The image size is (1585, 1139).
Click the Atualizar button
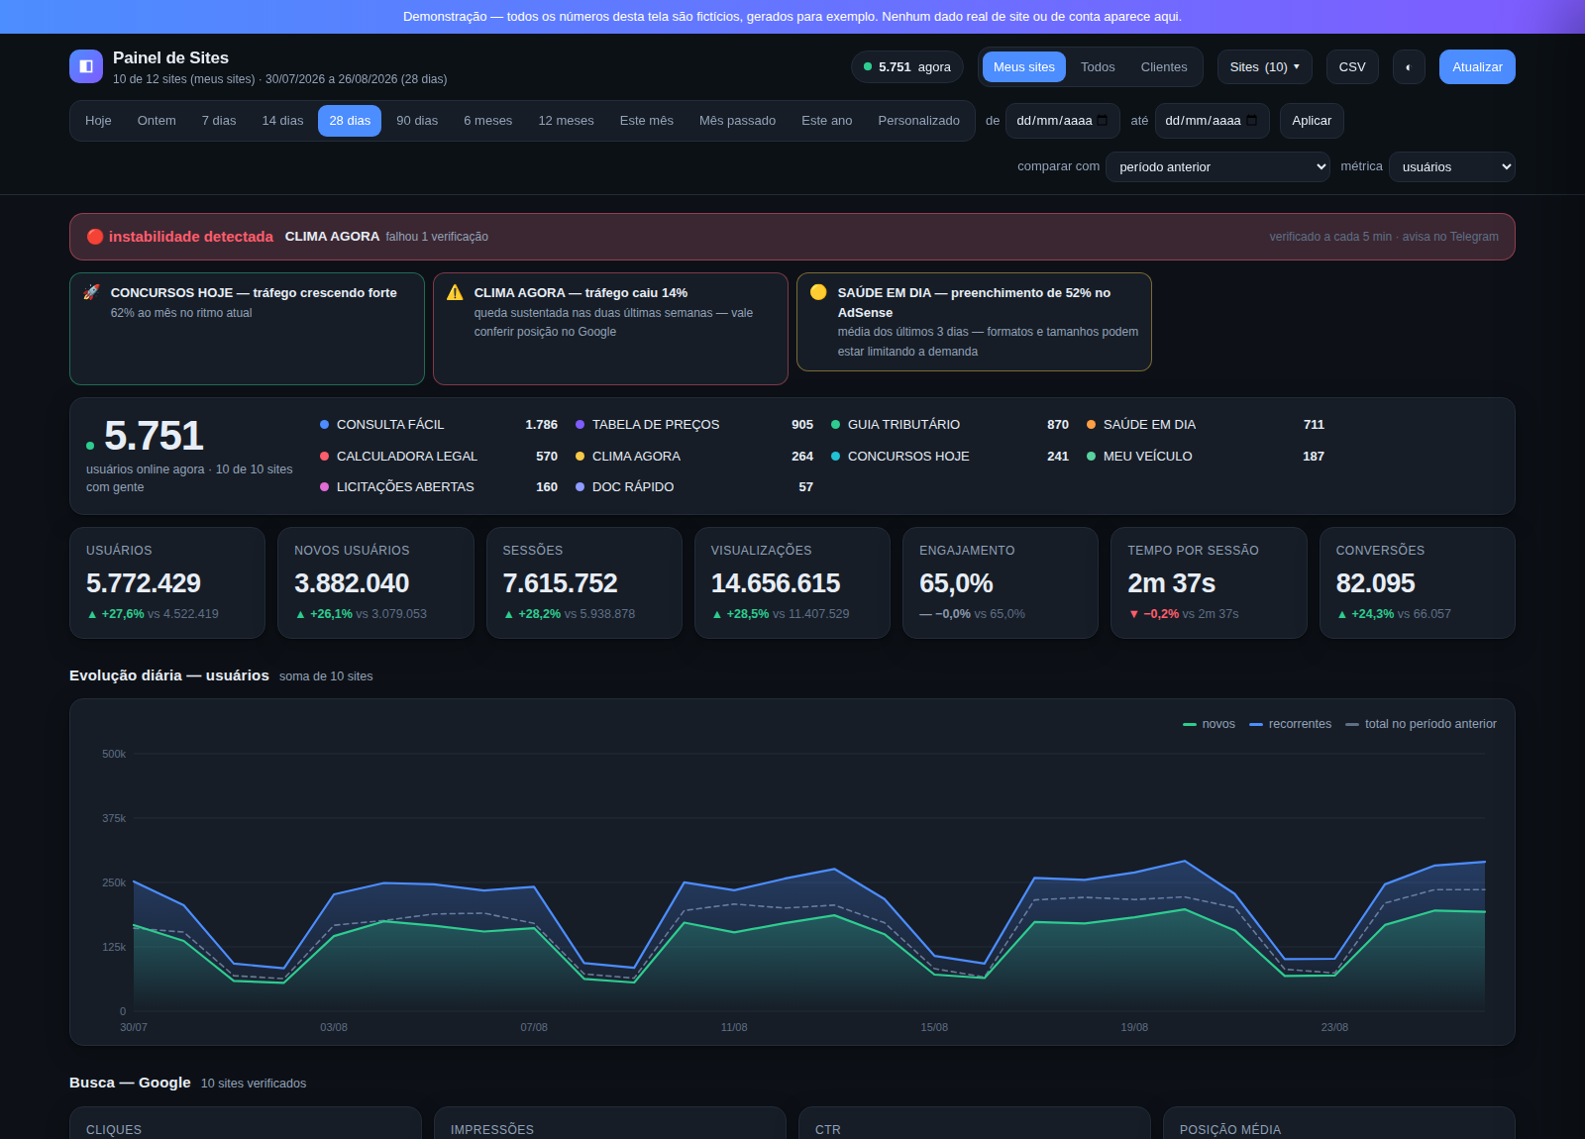click(1477, 67)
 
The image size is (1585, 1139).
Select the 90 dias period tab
click(417, 121)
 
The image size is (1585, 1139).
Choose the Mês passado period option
click(737, 121)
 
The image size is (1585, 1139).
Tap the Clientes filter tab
click(1163, 67)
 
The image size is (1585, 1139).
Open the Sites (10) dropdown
click(1264, 67)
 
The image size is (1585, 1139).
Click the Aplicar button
click(1312, 121)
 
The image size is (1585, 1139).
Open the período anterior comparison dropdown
click(1217, 167)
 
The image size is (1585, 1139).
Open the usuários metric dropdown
click(1451, 167)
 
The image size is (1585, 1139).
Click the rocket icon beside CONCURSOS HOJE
click(91, 292)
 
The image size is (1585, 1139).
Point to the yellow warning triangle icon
click(455, 292)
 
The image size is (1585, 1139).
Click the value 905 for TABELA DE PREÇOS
click(801, 425)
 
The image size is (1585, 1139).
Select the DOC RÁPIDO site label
click(633, 486)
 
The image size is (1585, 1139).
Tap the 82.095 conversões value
click(1375, 583)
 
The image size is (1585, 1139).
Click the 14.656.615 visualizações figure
click(775, 583)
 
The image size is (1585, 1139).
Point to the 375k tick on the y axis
click(114, 818)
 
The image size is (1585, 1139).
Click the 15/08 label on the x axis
click(934, 1027)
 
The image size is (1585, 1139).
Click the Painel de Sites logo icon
click(86, 66)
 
